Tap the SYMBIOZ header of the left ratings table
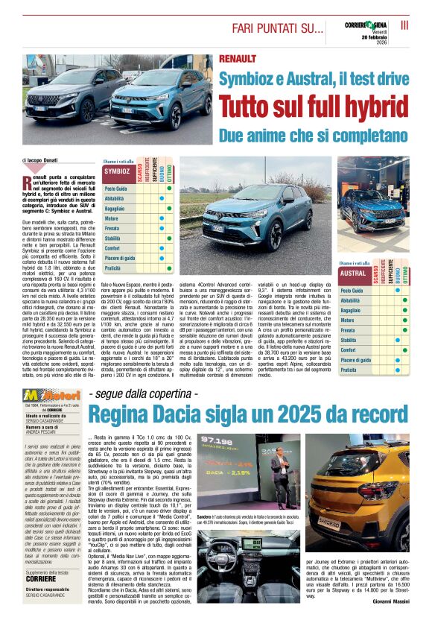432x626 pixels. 117,171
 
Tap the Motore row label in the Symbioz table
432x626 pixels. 111,218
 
